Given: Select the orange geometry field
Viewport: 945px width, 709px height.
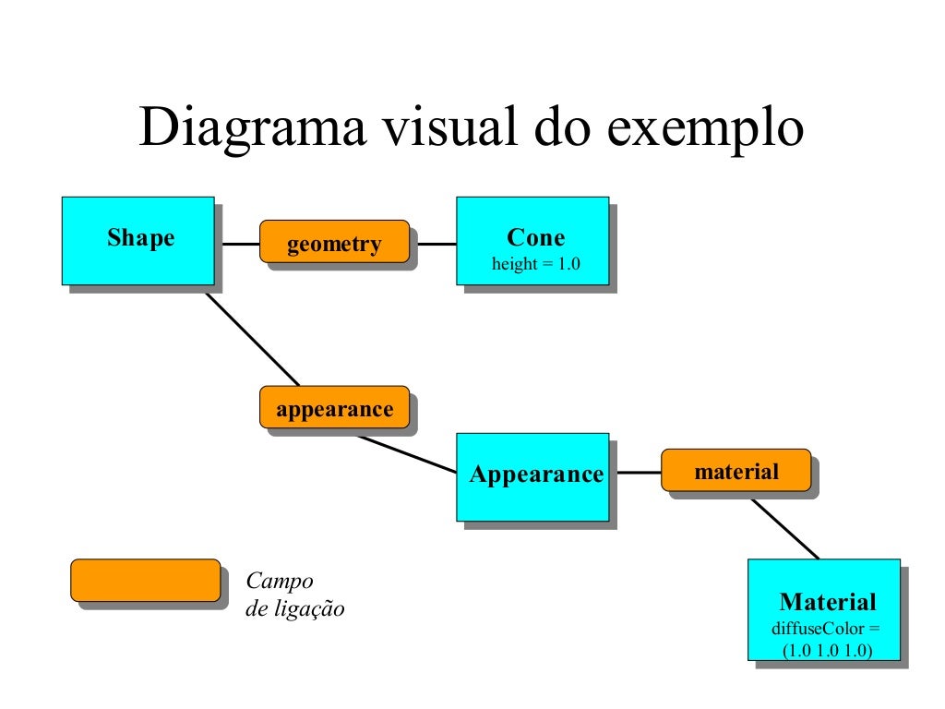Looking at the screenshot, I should [x=334, y=243].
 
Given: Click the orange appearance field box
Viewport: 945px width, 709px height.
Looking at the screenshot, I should [x=334, y=408].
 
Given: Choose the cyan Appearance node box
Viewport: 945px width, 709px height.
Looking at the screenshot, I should [x=532, y=476].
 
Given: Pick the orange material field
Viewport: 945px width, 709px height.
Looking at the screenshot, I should [x=736, y=472].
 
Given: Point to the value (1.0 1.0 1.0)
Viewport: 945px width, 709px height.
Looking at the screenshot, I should [x=826, y=650].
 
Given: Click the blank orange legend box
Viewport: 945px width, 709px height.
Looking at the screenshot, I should [x=146, y=581].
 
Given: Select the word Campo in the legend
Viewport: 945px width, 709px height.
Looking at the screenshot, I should [x=280, y=582].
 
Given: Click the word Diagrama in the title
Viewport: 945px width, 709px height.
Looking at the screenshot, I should [x=250, y=128].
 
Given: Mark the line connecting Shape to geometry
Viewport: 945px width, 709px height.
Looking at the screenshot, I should [x=237, y=245].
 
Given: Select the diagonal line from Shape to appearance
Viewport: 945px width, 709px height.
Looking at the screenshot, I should [x=251, y=337].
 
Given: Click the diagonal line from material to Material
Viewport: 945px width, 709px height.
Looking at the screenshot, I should [x=785, y=530].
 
